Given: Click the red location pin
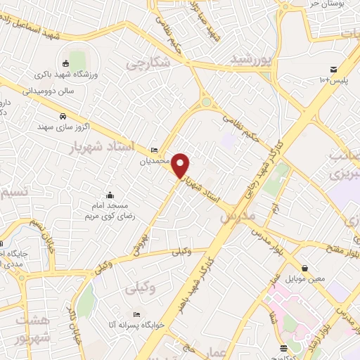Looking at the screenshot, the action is click(181, 165).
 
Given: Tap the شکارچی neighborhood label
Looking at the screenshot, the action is click(148, 63).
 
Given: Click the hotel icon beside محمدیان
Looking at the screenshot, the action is click(155, 150).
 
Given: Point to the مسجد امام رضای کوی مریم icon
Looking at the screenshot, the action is click(109, 195).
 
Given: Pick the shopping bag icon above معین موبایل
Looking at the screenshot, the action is click(304, 268).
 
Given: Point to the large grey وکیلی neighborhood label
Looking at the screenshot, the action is click(141, 288).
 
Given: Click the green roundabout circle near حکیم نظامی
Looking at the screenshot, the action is click(206, 102).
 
